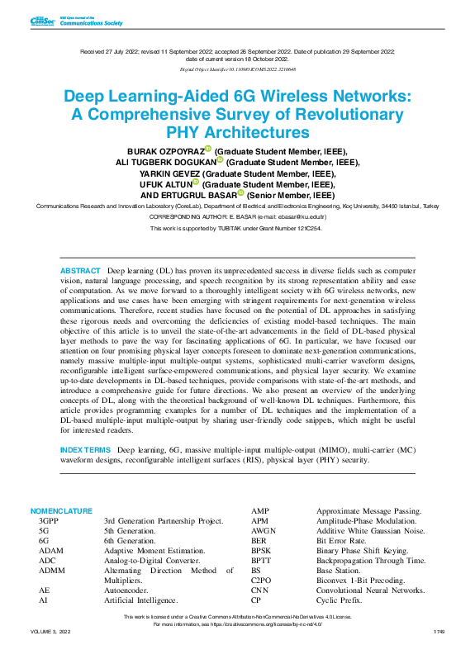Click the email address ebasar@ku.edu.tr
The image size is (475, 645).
(292, 216)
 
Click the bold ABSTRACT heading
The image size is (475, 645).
(80, 271)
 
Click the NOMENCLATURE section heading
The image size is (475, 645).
(62, 511)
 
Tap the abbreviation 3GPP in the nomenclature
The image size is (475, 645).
(49, 522)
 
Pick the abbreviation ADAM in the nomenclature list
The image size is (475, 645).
(51, 550)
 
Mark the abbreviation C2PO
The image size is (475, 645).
(262, 581)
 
